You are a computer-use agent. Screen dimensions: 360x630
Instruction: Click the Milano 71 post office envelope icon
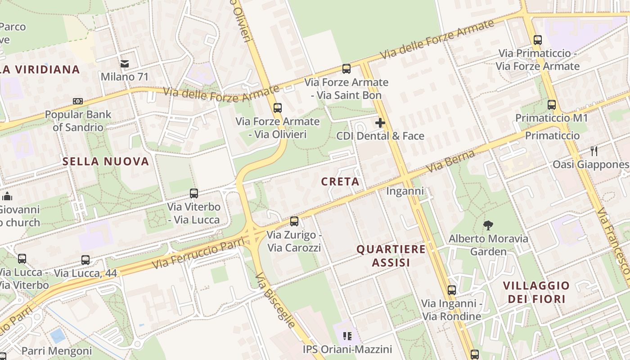point(125,64)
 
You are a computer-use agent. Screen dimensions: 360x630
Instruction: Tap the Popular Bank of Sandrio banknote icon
point(78,101)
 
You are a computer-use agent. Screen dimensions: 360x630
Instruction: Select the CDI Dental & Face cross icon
point(380,122)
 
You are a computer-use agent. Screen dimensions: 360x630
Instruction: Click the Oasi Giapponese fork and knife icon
point(594,151)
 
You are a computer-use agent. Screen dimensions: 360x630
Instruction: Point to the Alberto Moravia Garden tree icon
point(488,225)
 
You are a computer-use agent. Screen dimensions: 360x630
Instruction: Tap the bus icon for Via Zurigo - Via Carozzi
point(294,221)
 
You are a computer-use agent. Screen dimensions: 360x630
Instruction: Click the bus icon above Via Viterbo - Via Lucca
point(194,193)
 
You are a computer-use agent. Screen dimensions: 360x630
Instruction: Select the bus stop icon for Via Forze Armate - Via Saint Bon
point(346,69)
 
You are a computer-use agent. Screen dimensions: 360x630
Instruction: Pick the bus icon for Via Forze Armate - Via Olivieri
point(278,108)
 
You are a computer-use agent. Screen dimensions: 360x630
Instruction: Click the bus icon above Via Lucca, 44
point(85,260)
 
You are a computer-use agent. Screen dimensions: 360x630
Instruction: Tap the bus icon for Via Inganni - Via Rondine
point(452,290)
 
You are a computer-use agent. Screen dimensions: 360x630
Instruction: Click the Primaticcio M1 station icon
point(552,105)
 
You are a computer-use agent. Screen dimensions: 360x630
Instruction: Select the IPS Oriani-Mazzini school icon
point(347,336)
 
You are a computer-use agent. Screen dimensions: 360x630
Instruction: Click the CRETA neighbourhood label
point(340,182)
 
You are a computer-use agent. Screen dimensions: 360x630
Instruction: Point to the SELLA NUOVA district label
point(106,162)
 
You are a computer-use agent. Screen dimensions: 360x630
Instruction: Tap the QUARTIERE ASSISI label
point(391,256)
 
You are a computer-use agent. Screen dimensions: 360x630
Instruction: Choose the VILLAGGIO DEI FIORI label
point(536,292)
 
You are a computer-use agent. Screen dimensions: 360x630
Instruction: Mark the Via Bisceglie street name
point(276,300)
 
